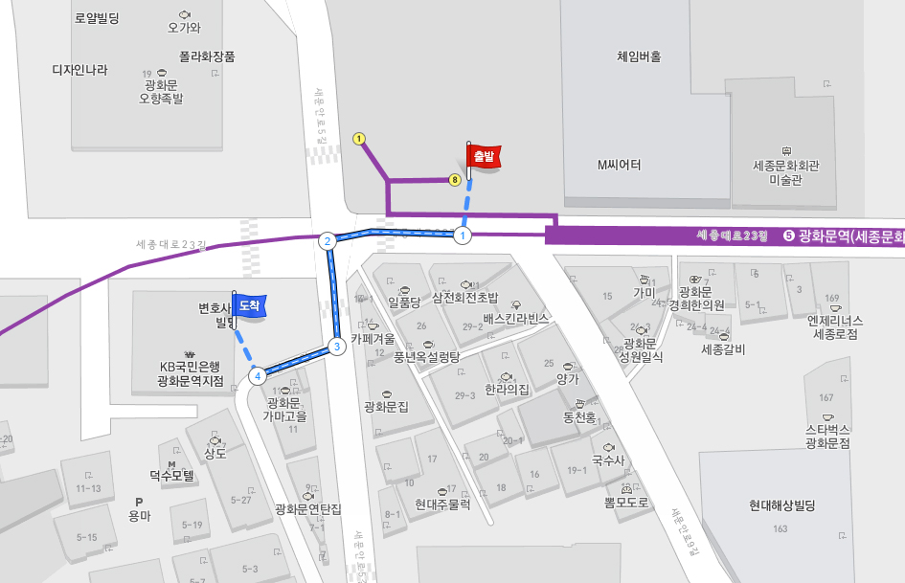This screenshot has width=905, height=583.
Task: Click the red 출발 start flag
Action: pyautogui.click(x=483, y=156)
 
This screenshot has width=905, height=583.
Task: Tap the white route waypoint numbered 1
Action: pyautogui.click(x=463, y=235)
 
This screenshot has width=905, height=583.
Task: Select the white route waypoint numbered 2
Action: pyautogui.click(x=328, y=241)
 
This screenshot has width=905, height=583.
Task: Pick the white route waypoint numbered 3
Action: pyautogui.click(x=336, y=347)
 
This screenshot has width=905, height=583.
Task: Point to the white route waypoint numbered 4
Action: pyautogui.click(x=258, y=376)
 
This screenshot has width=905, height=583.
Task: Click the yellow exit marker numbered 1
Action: pyautogui.click(x=359, y=139)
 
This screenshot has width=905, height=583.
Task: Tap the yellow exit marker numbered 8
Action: pyautogui.click(x=455, y=179)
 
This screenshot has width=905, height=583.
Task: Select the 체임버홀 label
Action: pyautogui.click(x=639, y=56)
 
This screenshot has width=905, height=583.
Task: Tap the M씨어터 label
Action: pyautogui.click(x=619, y=166)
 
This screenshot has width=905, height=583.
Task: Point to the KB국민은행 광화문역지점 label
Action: pyautogui.click(x=191, y=373)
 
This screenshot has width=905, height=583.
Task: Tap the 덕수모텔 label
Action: pyautogui.click(x=171, y=475)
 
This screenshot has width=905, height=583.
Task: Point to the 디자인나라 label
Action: pyautogui.click(x=79, y=70)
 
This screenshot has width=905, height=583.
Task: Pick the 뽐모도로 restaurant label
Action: pyautogui.click(x=627, y=502)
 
